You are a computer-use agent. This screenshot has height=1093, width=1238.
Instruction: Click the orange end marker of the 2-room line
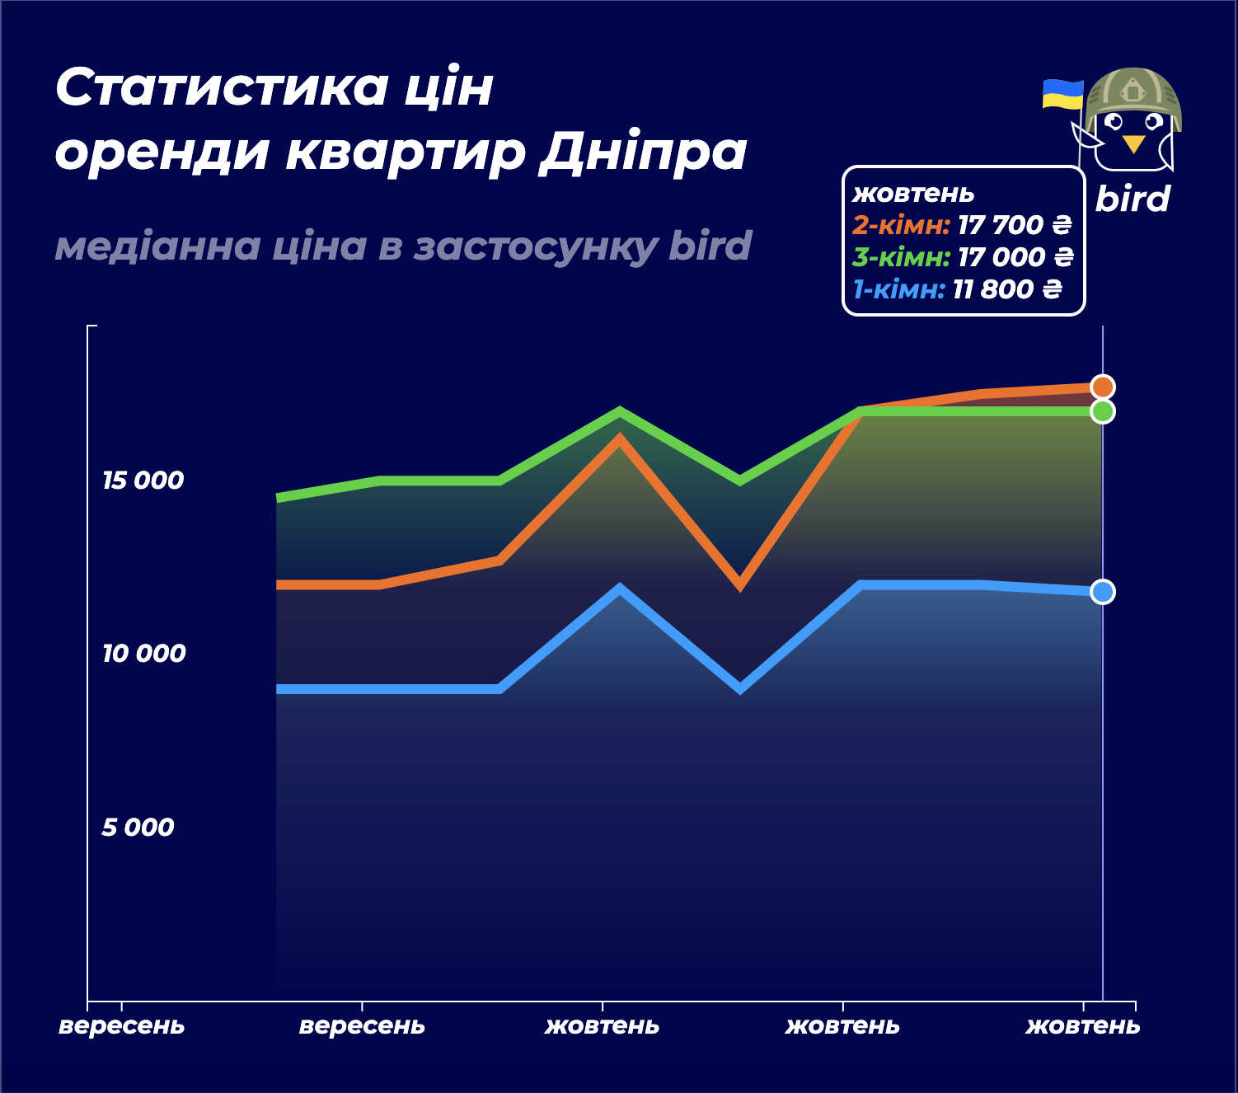(1102, 387)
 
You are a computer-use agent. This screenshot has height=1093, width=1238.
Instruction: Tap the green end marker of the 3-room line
(1102, 410)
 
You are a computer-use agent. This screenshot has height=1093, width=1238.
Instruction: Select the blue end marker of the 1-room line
(1102, 592)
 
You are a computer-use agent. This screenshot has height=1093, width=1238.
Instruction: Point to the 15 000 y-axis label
(143, 481)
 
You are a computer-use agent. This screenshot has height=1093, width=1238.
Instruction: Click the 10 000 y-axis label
(143, 654)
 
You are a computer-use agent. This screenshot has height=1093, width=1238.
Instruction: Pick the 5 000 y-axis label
(138, 827)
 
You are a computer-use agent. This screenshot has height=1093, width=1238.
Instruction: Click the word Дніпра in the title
(642, 152)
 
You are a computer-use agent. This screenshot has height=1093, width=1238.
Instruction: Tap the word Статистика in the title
(222, 87)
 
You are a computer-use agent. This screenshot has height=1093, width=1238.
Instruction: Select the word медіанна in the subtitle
(157, 246)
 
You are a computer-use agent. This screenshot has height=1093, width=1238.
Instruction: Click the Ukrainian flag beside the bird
(1062, 94)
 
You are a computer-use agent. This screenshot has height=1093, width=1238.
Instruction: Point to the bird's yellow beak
(1133, 144)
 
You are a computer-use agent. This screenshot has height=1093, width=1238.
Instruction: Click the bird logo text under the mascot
(1132, 199)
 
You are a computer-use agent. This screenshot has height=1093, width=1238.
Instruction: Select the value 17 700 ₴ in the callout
(1014, 225)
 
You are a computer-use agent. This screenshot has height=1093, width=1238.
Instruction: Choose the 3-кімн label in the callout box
(901, 257)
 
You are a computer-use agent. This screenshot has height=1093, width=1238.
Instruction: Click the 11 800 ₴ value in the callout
(1006, 289)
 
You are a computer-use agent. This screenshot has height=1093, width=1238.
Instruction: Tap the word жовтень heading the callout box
(913, 194)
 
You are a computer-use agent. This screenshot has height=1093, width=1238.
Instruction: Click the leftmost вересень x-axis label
(122, 1026)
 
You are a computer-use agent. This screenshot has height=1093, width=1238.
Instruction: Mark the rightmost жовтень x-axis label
(1082, 1026)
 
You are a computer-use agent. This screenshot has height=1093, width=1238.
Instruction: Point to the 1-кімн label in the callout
(898, 289)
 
